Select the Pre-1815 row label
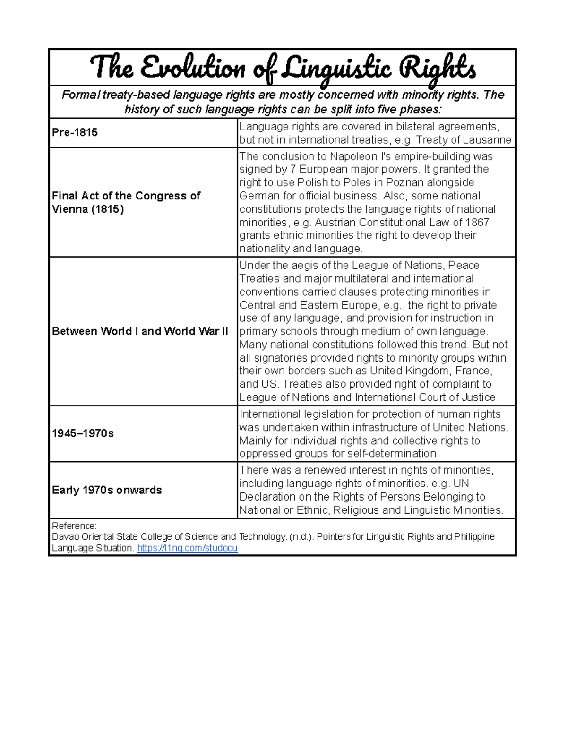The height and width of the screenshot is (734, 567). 75,132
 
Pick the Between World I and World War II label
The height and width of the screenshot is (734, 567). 140,331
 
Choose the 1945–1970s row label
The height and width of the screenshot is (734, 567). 83,433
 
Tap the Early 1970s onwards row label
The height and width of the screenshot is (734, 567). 107,490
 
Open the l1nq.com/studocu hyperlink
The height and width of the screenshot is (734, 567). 187,548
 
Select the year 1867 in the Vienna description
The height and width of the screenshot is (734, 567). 477,222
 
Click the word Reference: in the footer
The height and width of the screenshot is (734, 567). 74,526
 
